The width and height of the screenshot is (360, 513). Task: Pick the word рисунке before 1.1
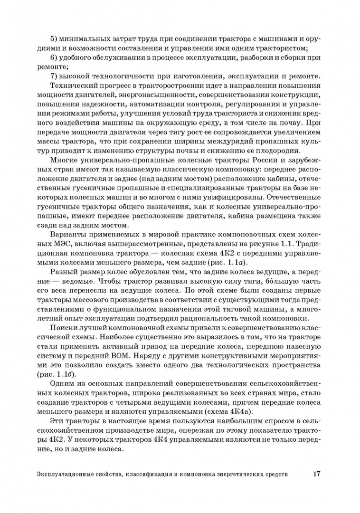tap(279, 243)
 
